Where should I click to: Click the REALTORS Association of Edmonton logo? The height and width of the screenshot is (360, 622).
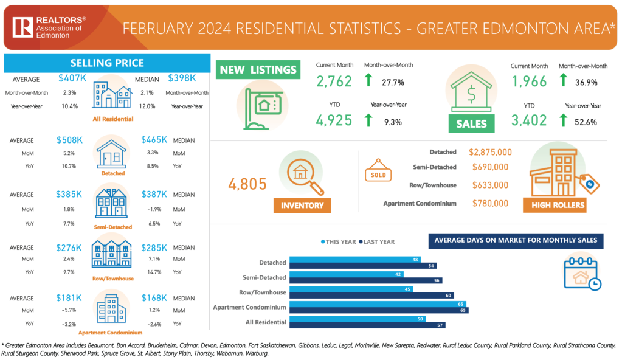tap(49, 27)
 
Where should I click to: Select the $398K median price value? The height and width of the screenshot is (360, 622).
tap(182, 78)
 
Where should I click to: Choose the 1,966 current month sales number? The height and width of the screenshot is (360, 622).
tap(528, 81)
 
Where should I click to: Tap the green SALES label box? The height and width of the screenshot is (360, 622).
tap(472, 123)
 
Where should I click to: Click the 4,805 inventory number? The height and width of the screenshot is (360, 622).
tap(246, 182)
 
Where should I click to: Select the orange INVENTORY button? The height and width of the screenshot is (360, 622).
tap(302, 205)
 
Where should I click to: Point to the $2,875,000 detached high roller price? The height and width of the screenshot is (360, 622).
tap(490, 152)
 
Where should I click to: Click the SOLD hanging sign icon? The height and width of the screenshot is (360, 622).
tap(378, 173)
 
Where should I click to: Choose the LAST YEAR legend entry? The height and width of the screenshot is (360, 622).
tap(377, 242)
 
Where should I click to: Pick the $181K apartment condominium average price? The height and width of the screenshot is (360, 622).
tap(70, 298)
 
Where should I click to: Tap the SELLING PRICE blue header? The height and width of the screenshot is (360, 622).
tap(107, 63)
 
